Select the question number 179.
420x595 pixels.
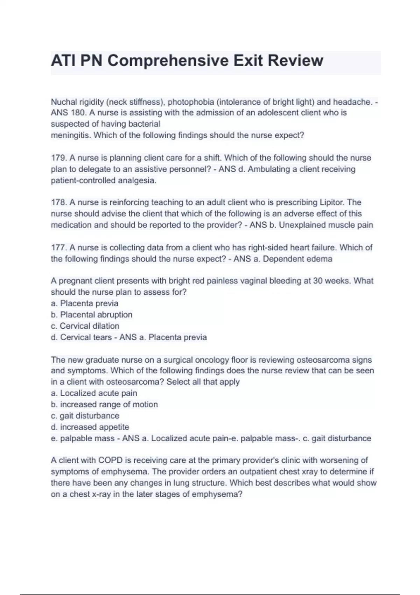(58, 158)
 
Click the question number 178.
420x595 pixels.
(58, 202)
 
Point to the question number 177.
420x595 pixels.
(58, 247)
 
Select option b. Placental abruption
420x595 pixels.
(92, 315)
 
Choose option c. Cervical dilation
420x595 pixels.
(85, 326)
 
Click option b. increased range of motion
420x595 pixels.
(104, 404)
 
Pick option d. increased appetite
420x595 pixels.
(90, 427)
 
